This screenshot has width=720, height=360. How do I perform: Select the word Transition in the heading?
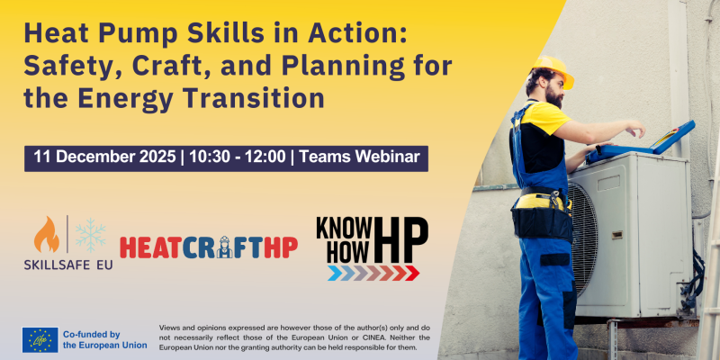[x=255, y=94]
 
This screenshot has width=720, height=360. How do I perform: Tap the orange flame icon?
[x=47, y=235]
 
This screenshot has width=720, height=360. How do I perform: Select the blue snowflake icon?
[x=90, y=235]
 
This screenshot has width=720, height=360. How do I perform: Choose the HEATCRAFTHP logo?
[x=208, y=247]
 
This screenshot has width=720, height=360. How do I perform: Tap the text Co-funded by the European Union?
[x=103, y=338]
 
